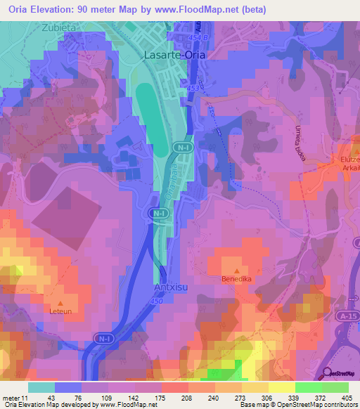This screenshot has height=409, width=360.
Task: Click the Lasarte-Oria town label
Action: click(171, 53)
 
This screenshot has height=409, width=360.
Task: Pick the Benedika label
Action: click(236, 279)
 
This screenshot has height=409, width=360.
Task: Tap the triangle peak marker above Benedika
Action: click(236, 270)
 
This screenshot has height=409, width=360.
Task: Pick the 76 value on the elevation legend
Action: click(70, 398)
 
